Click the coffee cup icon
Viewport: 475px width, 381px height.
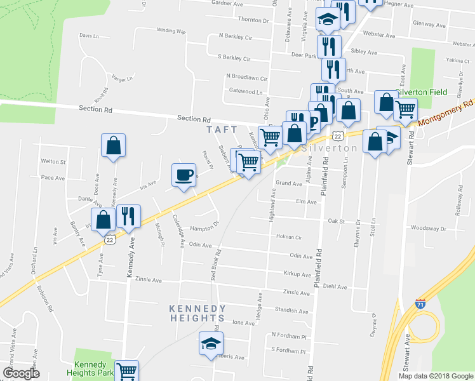(x=184, y=175)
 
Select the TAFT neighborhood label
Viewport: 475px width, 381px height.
(x=222, y=130)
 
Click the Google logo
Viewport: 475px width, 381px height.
(x=21, y=373)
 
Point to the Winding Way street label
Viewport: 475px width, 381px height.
(x=171, y=30)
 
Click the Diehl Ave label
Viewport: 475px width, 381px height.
(x=335, y=286)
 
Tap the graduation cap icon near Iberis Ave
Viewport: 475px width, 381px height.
(x=211, y=344)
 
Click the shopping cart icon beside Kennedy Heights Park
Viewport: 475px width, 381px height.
(x=127, y=370)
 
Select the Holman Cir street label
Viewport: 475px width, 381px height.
(x=289, y=237)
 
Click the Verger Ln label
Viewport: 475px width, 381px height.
(x=122, y=79)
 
